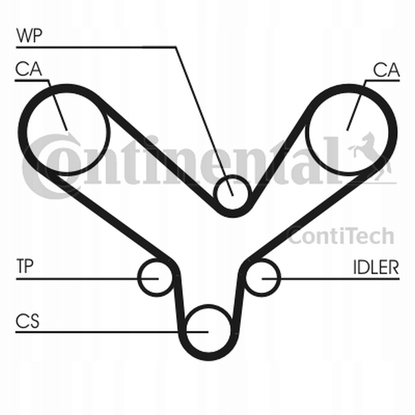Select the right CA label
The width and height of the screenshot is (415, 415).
386,69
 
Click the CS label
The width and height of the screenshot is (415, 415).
26,321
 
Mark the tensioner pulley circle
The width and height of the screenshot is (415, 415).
155,277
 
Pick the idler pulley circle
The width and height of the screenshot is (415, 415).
262,277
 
